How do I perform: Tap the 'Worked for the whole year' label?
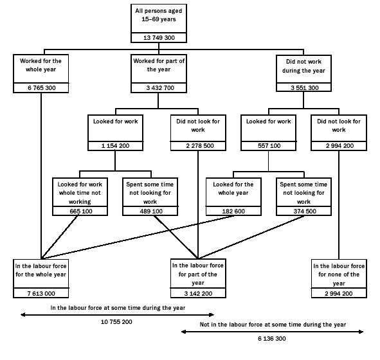pyautogui.click(x=40, y=66)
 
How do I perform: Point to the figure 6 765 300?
pyautogui.click(x=40, y=87)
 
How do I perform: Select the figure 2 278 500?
pyautogui.click(x=197, y=146)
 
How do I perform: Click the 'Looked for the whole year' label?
pyautogui.click(x=233, y=188)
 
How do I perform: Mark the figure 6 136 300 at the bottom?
pyautogui.click(x=273, y=337)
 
